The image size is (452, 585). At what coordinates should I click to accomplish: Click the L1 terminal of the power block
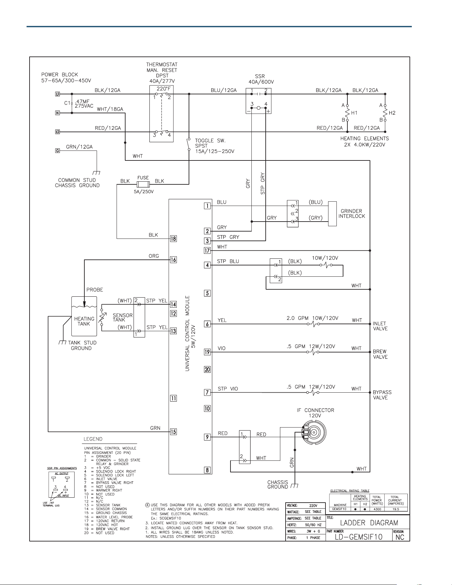point(57,94)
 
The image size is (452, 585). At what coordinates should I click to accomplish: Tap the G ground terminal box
point(57,151)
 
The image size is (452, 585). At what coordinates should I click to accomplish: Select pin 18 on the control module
point(173,239)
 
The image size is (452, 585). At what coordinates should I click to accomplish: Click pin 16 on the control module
point(173,260)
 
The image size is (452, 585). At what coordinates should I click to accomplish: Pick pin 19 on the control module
point(207,352)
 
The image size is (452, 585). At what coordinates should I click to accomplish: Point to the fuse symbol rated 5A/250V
point(143,184)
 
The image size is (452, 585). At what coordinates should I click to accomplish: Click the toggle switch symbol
point(189,144)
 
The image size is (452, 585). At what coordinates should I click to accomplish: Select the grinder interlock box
point(332,214)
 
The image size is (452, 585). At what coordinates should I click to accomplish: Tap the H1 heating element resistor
point(347,113)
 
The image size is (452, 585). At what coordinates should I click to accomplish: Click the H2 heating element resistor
point(385,113)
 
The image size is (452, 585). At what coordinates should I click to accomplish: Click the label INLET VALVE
point(380,326)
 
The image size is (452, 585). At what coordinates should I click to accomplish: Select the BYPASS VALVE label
point(382,395)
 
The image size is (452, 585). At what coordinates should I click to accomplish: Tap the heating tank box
point(84,316)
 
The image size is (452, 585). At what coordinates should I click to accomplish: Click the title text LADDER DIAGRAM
point(369,523)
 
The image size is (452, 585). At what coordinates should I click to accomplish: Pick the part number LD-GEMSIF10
point(359,536)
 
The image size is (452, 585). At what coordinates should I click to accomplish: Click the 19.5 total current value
point(395,509)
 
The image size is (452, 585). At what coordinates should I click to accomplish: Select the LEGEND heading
point(93,439)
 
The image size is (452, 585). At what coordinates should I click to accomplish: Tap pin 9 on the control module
point(207,437)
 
